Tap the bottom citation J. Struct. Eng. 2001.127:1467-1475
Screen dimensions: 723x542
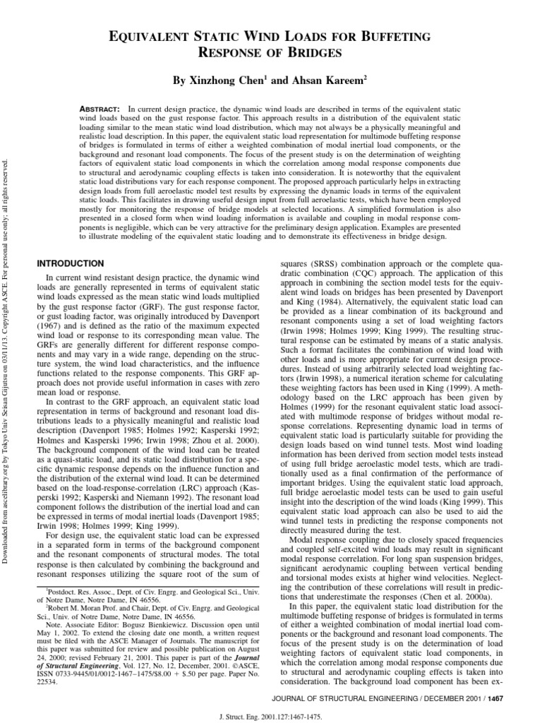[271, 715]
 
